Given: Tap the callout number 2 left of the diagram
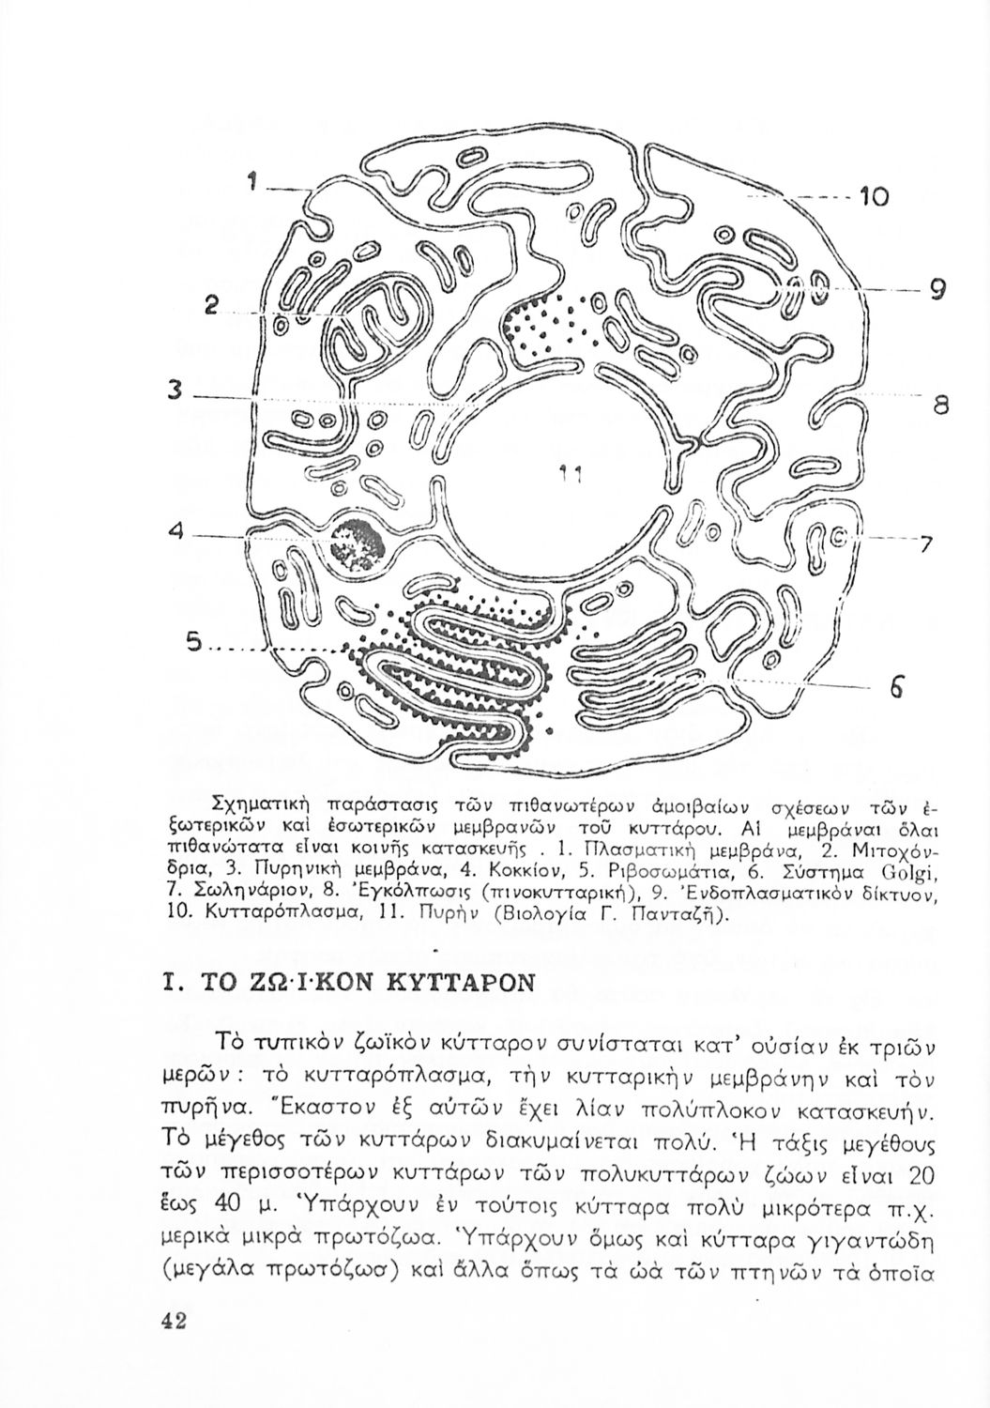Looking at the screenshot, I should coord(213,305).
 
